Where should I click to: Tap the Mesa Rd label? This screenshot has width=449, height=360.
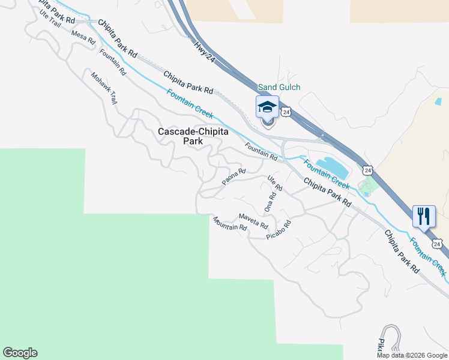(83, 37)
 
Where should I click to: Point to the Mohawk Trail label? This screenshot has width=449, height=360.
(104, 88)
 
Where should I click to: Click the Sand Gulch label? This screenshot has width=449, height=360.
(279, 87)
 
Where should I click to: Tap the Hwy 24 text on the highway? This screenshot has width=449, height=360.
(205, 52)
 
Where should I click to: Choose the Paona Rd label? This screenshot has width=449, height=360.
(234, 176)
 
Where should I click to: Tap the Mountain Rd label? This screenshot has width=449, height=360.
(229, 224)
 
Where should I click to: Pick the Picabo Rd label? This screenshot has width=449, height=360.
(279, 230)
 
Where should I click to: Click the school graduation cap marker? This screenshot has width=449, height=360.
(267, 107)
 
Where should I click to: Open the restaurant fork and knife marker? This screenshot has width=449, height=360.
(424, 216)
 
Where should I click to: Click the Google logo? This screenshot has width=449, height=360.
(20, 353)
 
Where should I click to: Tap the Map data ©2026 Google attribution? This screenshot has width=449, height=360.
(412, 355)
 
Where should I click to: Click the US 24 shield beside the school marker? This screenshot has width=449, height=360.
(286, 112)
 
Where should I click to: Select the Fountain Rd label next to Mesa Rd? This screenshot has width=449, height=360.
(113, 61)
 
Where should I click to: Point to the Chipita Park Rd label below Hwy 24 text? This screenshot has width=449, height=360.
(188, 82)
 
